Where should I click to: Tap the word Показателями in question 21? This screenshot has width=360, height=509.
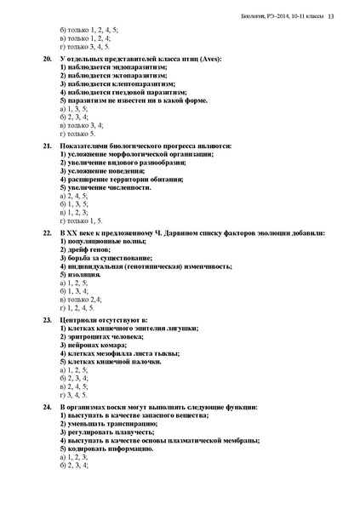(x=85, y=146)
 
